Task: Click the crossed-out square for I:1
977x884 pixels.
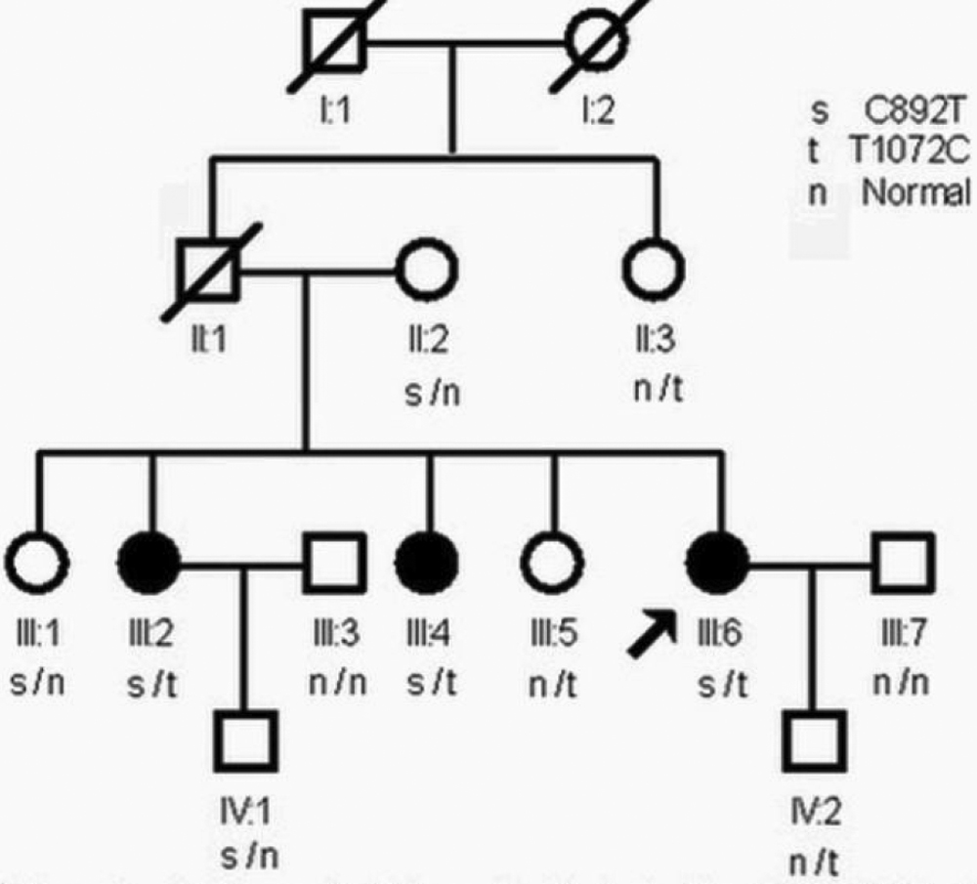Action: tap(334, 44)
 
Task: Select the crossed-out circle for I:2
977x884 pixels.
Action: tap(598, 44)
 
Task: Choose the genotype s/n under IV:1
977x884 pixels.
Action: tap(247, 859)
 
